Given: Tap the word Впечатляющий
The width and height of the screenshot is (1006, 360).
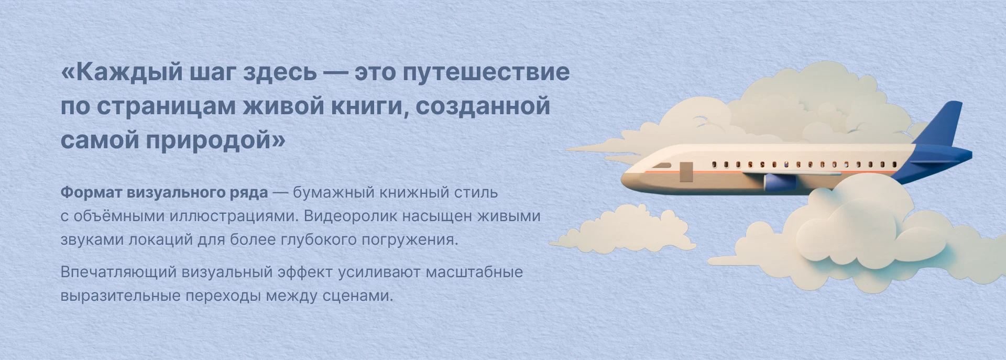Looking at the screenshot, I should click(x=118, y=272).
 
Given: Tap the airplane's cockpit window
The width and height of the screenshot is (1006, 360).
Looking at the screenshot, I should click(x=661, y=166).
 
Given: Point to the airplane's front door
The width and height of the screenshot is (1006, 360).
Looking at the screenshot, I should click(x=686, y=172).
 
